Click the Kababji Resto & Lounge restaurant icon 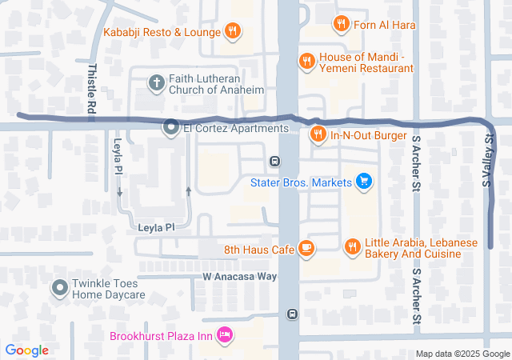(x=232, y=32)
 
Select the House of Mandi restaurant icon (x=306, y=60)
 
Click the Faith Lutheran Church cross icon (x=156, y=82)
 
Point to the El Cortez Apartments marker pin (x=170, y=127)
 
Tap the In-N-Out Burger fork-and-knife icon (x=318, y=134)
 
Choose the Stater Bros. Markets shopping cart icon (x=364, y=182)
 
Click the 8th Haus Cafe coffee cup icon (x=306, y=248)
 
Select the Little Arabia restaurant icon (x=351, y=248)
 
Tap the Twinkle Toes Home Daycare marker (x=59, y=287)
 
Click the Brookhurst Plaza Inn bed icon (x=225, y=333)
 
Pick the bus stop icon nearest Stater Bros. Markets (x=274, y=161)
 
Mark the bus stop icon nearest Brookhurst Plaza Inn (x=293, y=314)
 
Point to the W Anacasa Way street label (x=239, y=276)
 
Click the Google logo (x=26, y=350)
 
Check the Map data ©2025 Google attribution (x=462, y=354)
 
